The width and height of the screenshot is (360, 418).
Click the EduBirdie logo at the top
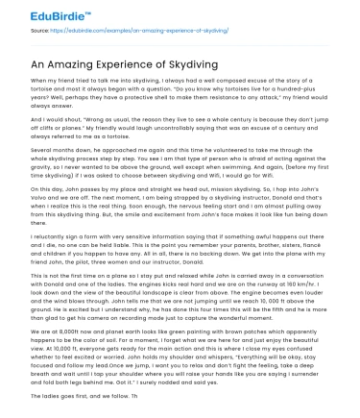click(42, 14)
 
